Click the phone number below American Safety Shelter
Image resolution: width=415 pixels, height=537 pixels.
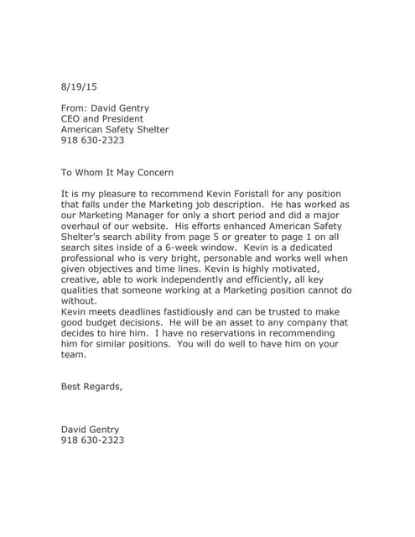[92, 140]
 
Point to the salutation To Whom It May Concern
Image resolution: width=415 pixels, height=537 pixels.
[117, 173]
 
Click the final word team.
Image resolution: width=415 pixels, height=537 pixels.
[74, 355]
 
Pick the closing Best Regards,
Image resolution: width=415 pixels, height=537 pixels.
[91, 387]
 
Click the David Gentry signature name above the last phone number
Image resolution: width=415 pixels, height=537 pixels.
[90, 430]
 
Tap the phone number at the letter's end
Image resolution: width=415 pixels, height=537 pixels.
[92, 441]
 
